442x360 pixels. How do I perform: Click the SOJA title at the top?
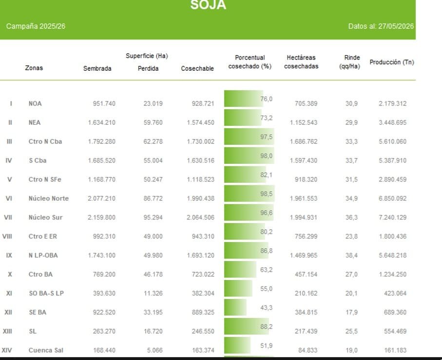(x=208, y=5)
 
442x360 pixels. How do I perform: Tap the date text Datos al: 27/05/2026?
(x=381, y=26)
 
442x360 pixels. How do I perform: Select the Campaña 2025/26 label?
(x=36, y=26)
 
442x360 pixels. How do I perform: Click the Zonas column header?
(x=34, y=68)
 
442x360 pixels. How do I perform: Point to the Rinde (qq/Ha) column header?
(x=350, y=62)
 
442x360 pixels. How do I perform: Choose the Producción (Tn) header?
(x=391, y=62)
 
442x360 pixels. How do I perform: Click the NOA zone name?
(x=35, y=103)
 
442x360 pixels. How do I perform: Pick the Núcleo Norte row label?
(x=49, y=199)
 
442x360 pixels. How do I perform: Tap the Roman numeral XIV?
(x=7, y=350)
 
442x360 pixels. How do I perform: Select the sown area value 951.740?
(x=104, y=103)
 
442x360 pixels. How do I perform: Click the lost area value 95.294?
(x=153, y=217)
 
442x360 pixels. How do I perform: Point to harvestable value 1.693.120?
(x=200, y=255)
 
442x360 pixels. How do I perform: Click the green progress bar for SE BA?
(x=235, y=307)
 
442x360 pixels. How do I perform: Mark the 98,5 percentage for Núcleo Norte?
(x=267, y=194)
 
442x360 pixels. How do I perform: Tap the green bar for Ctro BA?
(x=240, y=269)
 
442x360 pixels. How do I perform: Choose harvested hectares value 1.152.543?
(x=304, y=122)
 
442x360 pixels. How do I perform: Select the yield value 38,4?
(x=351, y=255)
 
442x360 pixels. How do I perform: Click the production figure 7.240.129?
(x=393, y=217)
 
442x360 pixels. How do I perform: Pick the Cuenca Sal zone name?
(x=46, y=350)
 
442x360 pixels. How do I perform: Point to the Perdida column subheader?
(x=148, y=69)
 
